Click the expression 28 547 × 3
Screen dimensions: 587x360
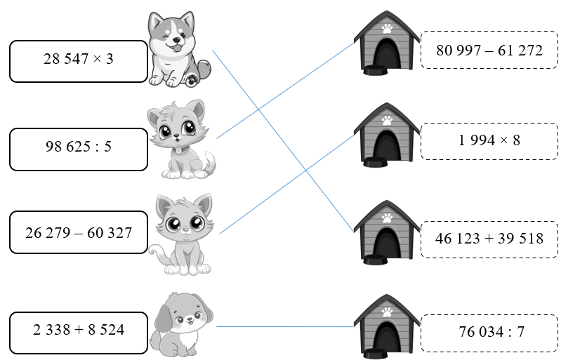[78, 59]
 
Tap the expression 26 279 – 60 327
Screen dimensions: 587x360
[79, 233]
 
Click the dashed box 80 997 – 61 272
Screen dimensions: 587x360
[489, 50]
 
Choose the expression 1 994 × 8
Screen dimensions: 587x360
[489, 140]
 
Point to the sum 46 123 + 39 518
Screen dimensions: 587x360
[489, 239]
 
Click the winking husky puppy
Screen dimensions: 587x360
[179, 49]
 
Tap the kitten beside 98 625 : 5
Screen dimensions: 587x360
[181, 139]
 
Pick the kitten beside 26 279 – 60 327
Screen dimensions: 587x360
[182, 235]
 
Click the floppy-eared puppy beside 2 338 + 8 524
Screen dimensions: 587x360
[181, 325]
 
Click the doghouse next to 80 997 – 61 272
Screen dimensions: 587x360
[387, 43]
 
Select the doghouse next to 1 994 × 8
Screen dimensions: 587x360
[387, 135]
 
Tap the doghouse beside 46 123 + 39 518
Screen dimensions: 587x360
[387, 232]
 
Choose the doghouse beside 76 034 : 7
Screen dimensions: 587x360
[387, 326]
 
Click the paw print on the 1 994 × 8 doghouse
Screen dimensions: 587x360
[387, 121]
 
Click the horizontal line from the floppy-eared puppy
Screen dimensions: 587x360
[285, 327]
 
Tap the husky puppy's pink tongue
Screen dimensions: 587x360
[176, 48]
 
